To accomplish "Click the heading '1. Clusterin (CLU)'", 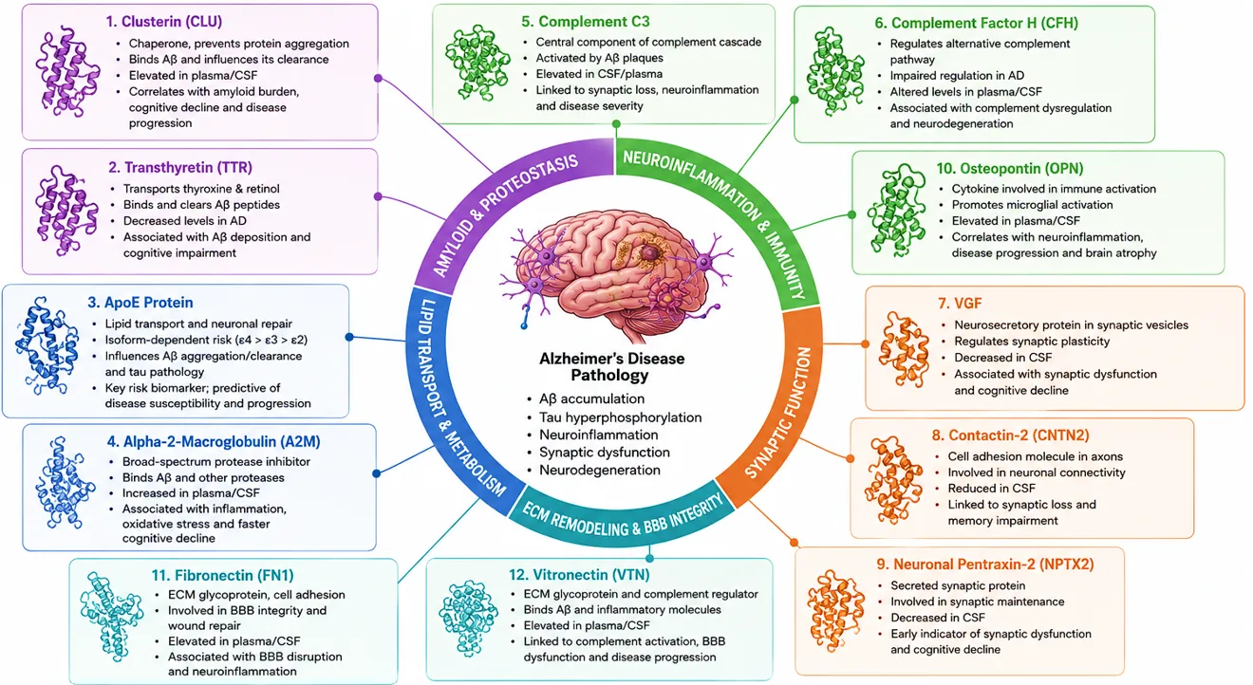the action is click(164, 22).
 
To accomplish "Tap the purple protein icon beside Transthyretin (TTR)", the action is click(66, 211).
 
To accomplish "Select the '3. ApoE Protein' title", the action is click(140, 303).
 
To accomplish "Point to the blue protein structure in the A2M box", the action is click(65, 483).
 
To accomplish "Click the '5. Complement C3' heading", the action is click(586, 22).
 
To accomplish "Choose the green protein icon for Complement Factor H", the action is click(835, 71).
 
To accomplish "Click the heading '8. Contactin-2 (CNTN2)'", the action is click(1011, 435).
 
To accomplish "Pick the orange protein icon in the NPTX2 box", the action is click(835, 611).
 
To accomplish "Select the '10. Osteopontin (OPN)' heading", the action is click(1010, 168).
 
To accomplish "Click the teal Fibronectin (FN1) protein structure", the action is click(111, 616).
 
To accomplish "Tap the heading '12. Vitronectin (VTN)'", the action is click(579, 575).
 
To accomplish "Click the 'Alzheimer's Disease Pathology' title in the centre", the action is click(611, 367).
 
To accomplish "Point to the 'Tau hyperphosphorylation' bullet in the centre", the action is click(620, 417).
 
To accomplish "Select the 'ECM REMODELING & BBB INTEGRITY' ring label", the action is click(622, 517).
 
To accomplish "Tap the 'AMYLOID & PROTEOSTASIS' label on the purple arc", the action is click(504, 215).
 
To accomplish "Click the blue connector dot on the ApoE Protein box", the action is click(349, 337).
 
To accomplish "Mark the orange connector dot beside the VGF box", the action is click(866, 343).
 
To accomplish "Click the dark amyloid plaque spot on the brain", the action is click(650, 253).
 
